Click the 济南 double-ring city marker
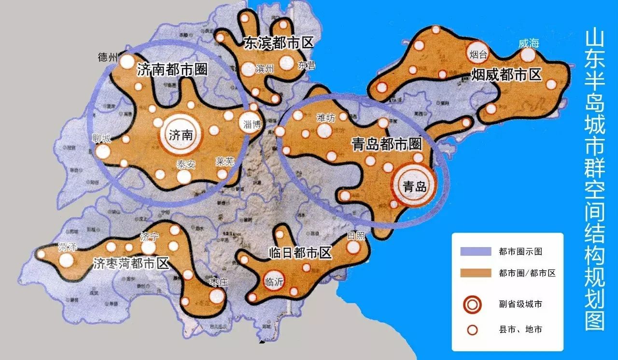point(181,136)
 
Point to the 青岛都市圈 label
point(387,144)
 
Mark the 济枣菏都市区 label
point(131,263)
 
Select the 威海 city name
point(528,43)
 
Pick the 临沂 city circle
point(274,281)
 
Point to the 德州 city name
point(108,57)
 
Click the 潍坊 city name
point(326,117)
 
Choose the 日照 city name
point(356,236)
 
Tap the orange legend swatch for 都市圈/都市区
point(472,273)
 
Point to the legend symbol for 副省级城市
point(472,304)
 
